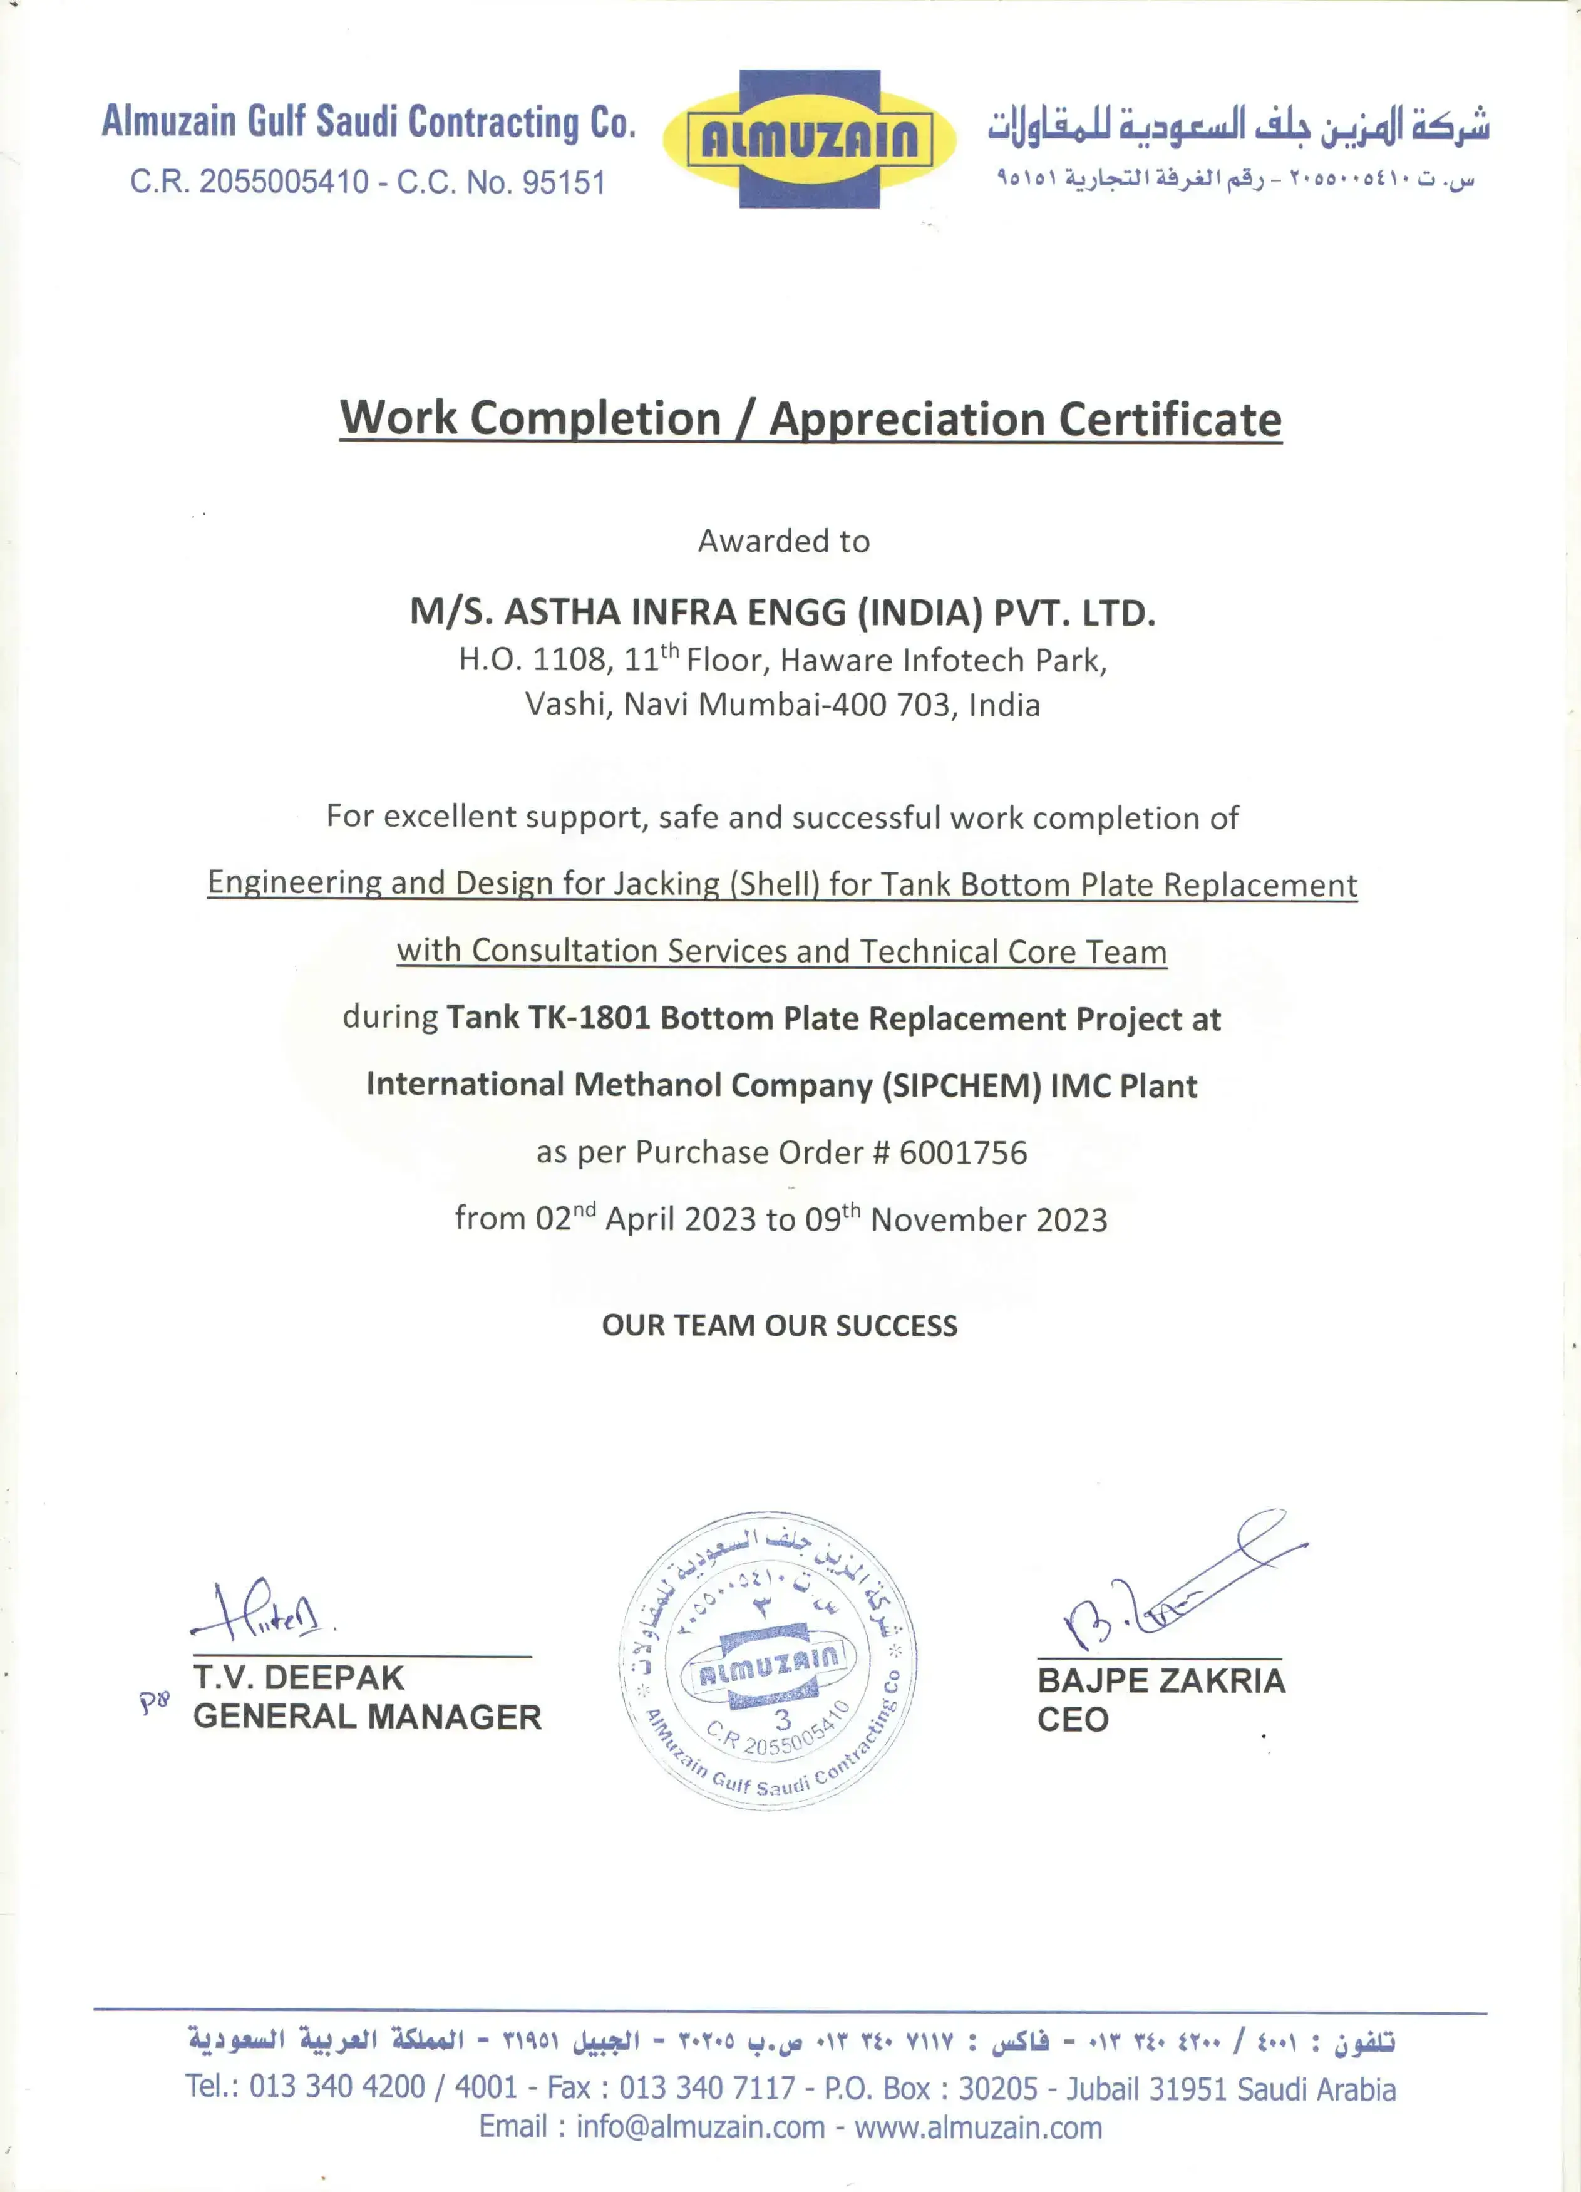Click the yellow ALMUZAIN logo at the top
[810, 139]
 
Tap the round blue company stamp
[768, 1660]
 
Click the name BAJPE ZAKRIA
[1161, 1681]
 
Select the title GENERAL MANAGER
[367, 1717]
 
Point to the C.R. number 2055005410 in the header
[284, 182]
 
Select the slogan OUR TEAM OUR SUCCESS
[779, 1325]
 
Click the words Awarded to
[784, 541]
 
